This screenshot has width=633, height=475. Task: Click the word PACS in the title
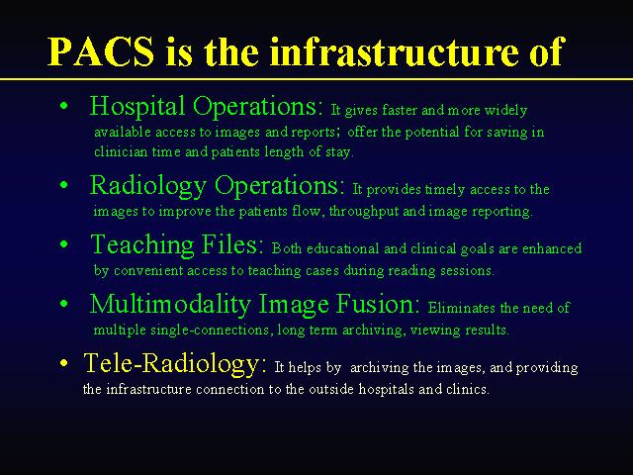[101, 51]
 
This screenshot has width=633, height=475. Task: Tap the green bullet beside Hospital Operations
[63, 106]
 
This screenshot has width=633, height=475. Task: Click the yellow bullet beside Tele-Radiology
[63, 363]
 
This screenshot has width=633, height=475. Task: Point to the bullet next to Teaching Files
[63, 244]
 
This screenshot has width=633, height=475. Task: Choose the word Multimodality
[170, 305]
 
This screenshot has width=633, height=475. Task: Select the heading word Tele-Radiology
[174, 363]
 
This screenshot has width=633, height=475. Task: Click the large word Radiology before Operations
[147, 186]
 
